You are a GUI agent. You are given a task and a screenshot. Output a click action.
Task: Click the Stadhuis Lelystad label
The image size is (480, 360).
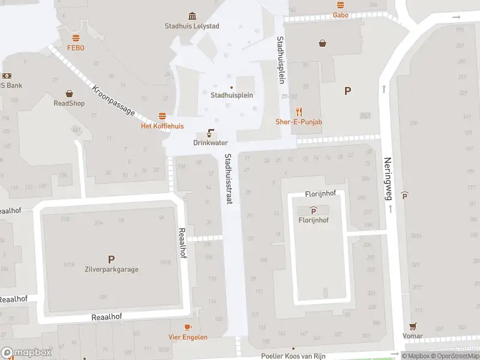(x=191, y=26)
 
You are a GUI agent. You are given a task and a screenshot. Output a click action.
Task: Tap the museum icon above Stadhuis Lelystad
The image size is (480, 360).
(x=191, y=16)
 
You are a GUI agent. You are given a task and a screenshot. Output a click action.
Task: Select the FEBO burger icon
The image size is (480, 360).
(x=76, y=38)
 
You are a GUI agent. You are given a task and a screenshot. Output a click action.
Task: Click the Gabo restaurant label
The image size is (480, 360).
(x=341, y=15)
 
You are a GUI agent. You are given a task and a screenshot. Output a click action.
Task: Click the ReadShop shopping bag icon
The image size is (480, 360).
(x=70, y=94)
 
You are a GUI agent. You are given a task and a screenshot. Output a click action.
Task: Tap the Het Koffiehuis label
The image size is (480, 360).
(x=162, y=126)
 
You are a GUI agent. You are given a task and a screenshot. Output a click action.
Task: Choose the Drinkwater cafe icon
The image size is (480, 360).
(x=211, y=133)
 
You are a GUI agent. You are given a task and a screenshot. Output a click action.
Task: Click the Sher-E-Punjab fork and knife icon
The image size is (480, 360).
(x=299, y=112)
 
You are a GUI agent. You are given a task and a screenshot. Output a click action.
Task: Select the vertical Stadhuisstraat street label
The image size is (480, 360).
(x=228, y=179)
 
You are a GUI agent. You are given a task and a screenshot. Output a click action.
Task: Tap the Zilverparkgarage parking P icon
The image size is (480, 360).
(x=111, y=259)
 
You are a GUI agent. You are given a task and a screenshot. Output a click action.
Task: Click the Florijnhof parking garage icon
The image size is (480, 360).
(x=313, y=210)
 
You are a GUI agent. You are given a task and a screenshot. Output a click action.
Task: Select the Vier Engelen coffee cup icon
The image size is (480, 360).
(x=188, y=327)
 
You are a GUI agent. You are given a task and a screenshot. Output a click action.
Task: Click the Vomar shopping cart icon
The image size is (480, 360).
(x=413, y=326)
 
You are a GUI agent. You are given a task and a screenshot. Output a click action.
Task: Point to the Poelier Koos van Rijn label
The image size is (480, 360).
(x=294, y=356)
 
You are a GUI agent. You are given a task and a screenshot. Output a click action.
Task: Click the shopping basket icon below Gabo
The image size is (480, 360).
(x=323, y=43)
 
